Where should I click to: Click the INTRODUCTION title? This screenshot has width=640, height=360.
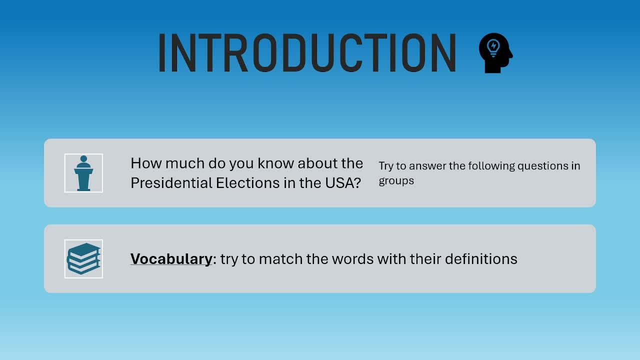point(307,53)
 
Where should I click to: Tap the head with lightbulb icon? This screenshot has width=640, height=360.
point(495,53)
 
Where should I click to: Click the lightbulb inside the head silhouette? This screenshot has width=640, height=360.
point(493,48)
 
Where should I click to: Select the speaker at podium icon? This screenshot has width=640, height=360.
point(83,173)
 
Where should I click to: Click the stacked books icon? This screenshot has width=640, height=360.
point(83,258)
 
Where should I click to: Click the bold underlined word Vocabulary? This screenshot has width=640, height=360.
point(171,259)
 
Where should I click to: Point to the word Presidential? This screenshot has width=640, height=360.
point(171,183)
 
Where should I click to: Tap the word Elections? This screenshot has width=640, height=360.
point(247,183)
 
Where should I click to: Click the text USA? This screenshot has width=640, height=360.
point(343,183)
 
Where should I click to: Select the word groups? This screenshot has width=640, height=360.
point(396,181)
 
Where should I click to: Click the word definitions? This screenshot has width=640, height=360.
point(481,259)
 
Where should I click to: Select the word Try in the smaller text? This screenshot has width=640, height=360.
point(386,166)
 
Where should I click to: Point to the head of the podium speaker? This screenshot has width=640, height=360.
point(83,159)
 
